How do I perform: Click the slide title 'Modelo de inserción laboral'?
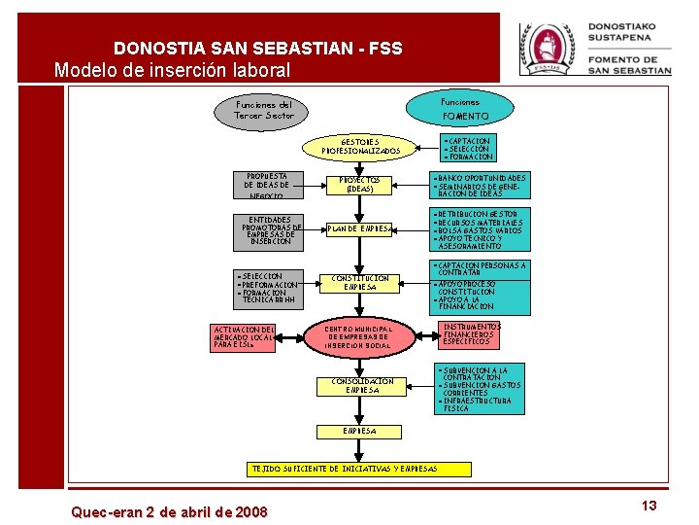(172, 70)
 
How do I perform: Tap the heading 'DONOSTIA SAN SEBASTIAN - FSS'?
(257, 48)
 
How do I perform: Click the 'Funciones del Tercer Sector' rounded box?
(263, 109)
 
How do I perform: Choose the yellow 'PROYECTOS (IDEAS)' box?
(359, 185)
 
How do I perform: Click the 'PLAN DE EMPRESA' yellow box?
(359, 228)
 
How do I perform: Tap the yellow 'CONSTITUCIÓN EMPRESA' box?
(359, 283)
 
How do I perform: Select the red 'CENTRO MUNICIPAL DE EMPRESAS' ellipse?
(358, 336)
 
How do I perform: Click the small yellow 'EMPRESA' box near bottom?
(358, 431)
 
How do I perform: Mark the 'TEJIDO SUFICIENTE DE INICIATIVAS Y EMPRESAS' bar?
(358, 469)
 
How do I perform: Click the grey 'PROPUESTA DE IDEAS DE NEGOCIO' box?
(268, 185)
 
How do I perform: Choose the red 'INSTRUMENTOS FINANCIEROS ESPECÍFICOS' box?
(471, 334)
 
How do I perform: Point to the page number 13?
(649, 506)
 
